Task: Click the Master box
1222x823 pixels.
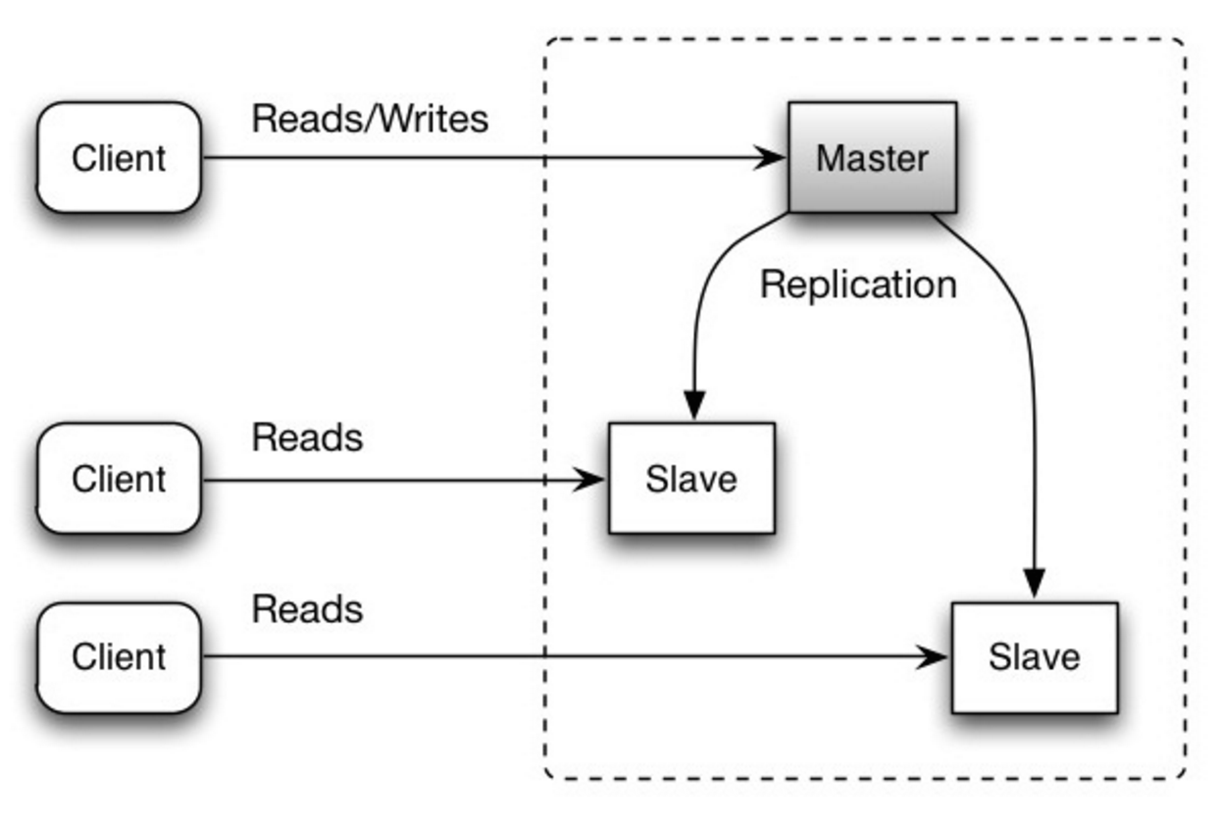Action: [x=872, y=157]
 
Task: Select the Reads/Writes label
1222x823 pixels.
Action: [x=370, y=119]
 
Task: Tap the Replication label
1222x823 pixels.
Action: [x=858, y=284]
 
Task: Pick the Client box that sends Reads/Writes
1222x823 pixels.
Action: [x=119, y=157]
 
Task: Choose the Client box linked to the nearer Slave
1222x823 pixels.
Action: [x=119, y=479]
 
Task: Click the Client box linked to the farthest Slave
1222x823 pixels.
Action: [x=119, y=656]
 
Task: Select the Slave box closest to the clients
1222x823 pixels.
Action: [x=691, y=479]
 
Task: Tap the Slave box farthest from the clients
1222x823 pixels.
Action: [x=1034, y=656]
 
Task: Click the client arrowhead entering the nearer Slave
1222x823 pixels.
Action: [x=591, y=480]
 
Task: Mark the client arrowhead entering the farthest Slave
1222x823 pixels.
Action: [x=934, y=656]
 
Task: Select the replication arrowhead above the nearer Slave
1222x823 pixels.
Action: [x=694, y=405]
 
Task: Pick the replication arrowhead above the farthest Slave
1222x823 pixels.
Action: [x=1034, y=582]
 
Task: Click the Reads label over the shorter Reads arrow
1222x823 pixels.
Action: [x=307, y=437]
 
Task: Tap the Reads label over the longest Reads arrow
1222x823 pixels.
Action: [x=307, y=609]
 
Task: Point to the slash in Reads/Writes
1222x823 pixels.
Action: [x=370, y=119]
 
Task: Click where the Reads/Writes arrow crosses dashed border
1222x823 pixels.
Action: [x=546, y=157]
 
